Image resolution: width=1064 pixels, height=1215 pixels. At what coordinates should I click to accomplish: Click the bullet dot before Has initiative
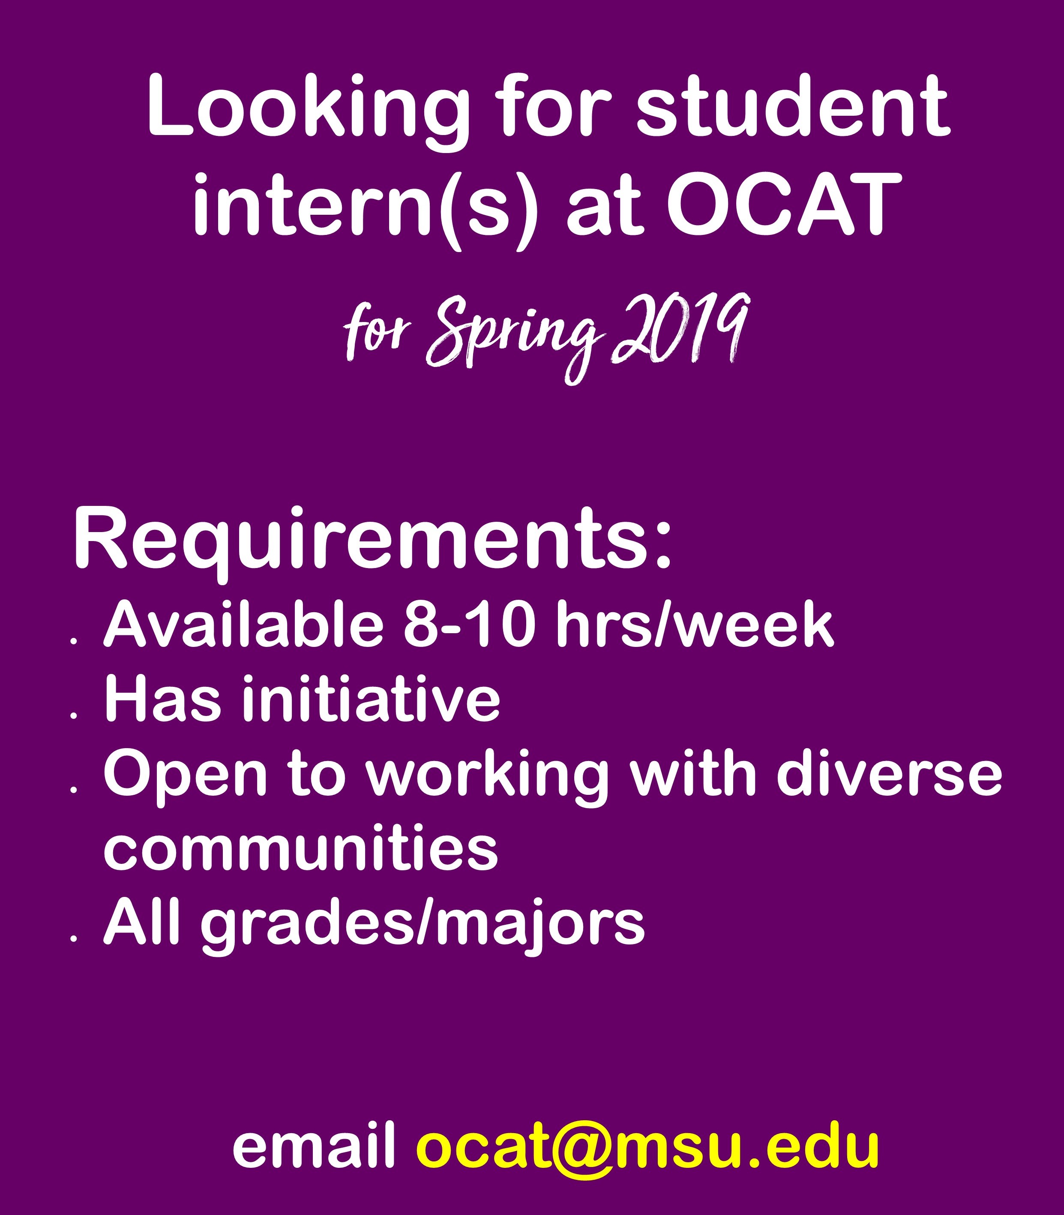[74, 716]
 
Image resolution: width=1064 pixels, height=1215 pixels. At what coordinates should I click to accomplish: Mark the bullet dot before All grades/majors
[74, 939]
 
